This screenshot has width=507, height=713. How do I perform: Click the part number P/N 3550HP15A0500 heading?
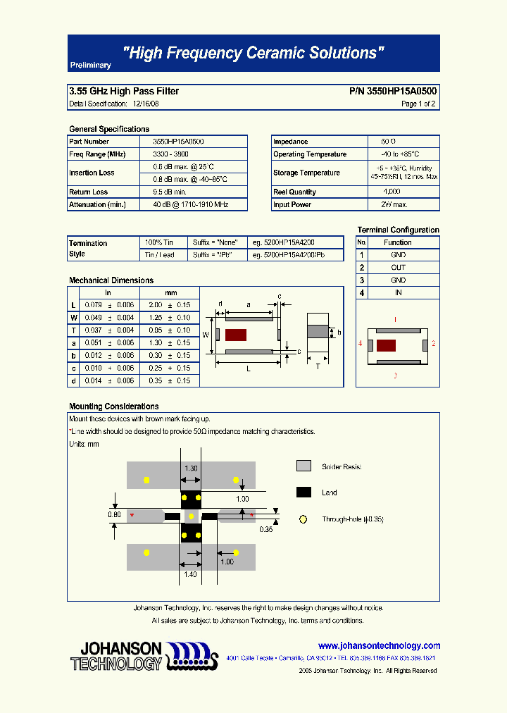[392, 91]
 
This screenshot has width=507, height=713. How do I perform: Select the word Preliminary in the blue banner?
[90, 65]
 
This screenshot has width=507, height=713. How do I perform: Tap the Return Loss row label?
[89, 192]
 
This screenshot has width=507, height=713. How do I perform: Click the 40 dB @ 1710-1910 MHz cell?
[190, 204]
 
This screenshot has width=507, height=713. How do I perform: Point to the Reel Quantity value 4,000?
[392, 192]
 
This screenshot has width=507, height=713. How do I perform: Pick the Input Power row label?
[292, 204]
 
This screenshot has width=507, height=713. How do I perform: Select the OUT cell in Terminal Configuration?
[398, 268]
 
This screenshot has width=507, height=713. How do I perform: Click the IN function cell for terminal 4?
[398, 292]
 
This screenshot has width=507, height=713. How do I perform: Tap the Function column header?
[398, 242]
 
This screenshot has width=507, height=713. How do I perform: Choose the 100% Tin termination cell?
[159, 242]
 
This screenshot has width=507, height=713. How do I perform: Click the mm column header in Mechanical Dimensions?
[170, 292]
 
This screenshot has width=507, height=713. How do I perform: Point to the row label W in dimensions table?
[73, 318]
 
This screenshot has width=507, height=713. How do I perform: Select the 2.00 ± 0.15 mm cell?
[170, 305]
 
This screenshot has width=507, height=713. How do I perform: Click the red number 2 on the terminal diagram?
[433, 344]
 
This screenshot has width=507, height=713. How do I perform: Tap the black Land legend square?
[303, 492]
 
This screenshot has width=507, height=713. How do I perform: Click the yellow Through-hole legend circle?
[303, 519]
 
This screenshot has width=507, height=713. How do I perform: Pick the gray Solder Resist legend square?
[303, 466]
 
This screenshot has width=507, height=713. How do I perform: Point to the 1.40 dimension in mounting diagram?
[190, 575]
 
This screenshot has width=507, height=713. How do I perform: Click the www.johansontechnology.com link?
[379, 645]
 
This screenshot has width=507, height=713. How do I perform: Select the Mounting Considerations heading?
[113, 407]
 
